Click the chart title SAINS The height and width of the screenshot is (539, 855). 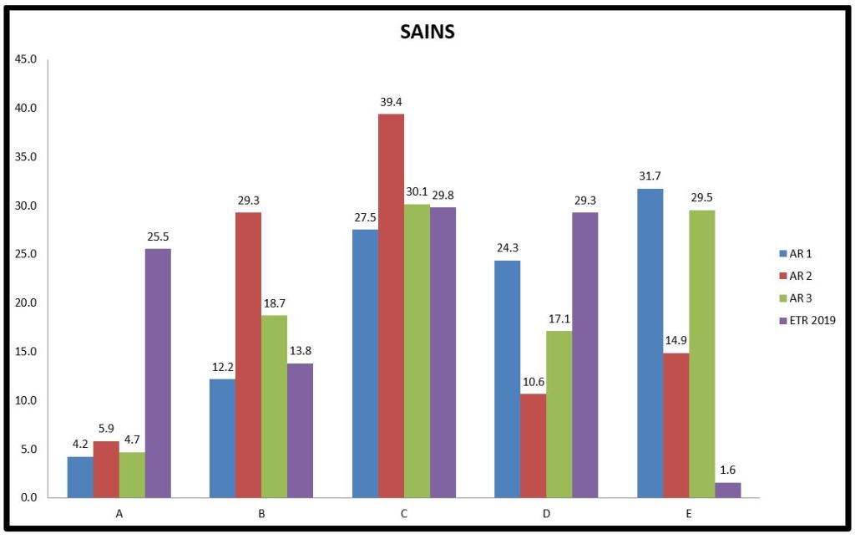point(427,33)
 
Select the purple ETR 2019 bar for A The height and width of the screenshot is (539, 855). point(158,373)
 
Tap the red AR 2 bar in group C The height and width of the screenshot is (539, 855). point(391,306)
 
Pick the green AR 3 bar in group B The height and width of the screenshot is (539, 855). point(274,406)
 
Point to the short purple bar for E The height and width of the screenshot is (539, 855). point(727,490)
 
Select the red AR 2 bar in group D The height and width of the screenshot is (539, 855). point(533,445)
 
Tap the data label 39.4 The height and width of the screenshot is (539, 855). point(391,102)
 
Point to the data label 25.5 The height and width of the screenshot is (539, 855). point(158,236)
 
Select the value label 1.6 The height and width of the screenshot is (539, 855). point(727,470)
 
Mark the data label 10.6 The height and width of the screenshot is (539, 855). point(533,382)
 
